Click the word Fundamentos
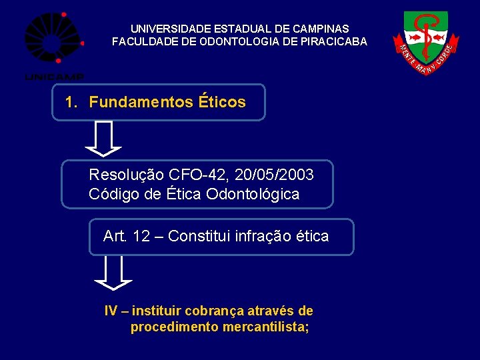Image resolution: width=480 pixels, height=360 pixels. click(141, 103)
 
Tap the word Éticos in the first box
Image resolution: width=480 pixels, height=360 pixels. click(222, 103)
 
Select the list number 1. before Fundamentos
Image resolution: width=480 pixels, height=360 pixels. click(71, 103)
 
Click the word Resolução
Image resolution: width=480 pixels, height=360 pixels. click(126, 175)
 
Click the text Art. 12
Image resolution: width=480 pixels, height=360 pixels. click(126, 236)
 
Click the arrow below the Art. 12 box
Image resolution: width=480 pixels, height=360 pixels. click(113, 273)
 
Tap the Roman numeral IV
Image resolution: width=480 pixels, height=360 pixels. click(111, 311)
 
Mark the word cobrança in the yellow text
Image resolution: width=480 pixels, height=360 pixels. click(215, 311)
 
